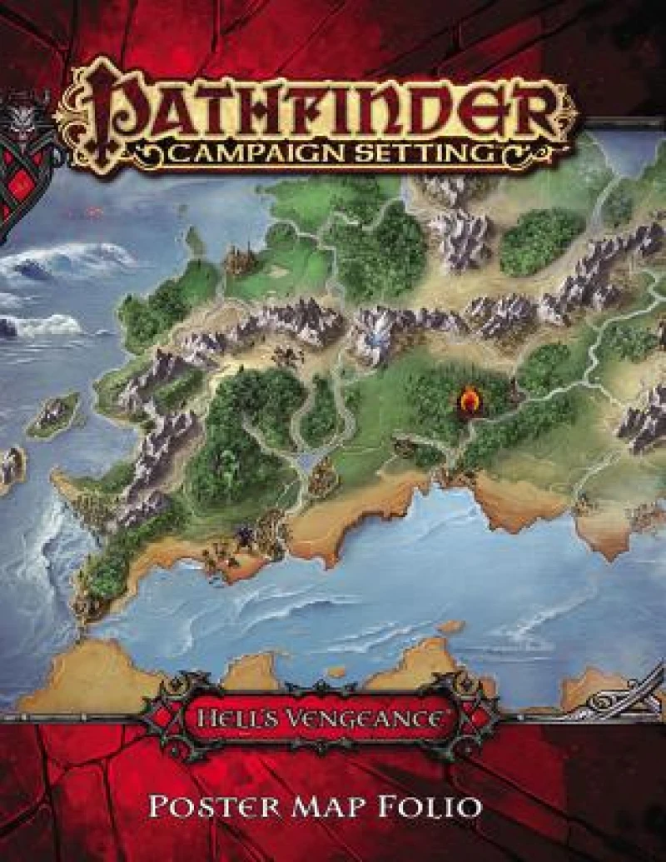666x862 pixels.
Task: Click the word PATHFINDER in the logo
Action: (333, 108)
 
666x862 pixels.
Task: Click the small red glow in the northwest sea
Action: (92, 213)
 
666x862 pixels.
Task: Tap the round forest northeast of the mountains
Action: (541, 242)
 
